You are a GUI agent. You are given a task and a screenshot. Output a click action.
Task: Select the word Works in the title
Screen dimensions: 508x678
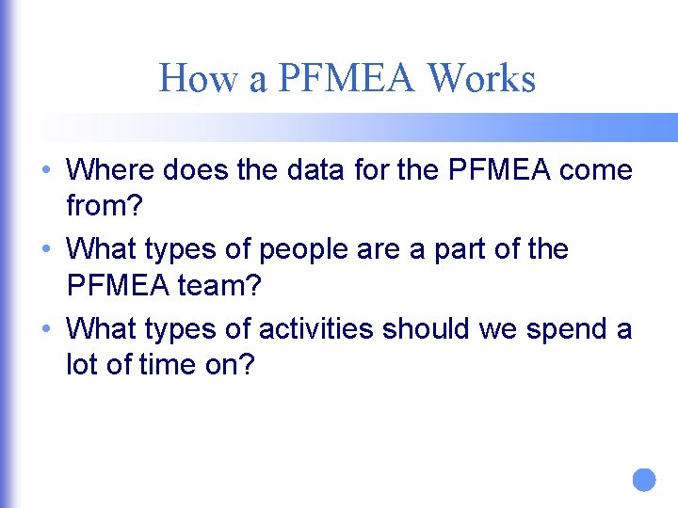[x=481, y=78]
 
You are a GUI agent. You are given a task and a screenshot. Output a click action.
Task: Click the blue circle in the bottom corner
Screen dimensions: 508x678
[x=643, y=480]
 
